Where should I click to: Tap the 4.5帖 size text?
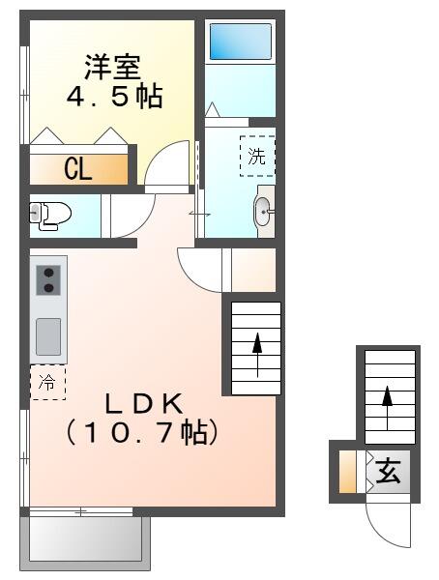(113, 97)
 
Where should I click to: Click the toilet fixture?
(48, 214)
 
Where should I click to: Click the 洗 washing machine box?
(257, 157)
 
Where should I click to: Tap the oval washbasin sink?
(262, 213)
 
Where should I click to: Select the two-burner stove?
(48, 280)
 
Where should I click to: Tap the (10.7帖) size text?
(139, 432)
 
